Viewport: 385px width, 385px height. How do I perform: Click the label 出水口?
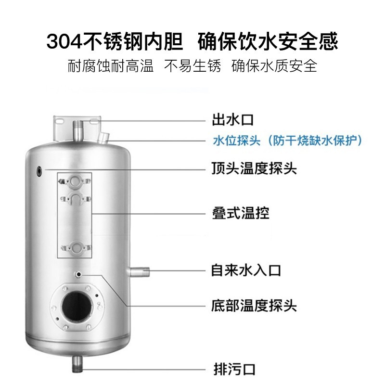pyautogui.click(x=232, y=120)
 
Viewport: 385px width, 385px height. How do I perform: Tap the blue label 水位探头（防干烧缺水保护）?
pyautogui.click(x=287, y=141)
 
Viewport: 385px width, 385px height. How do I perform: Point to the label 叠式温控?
pyautogui.click(x=241, y=213)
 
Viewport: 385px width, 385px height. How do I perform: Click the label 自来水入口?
pyautogui.click(x=246, y=270)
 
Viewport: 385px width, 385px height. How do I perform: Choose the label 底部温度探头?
pyautogui.click(x=254, y=306)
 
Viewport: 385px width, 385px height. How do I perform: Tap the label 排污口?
pyautogui.click(x=234, y=369)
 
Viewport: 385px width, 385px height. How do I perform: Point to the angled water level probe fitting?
pyautogui.click(x=103, y=138)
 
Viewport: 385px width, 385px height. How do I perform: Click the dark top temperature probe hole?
pyautogui.click(x=39, y=171)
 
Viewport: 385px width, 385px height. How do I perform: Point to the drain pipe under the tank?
pyautogui.click(x=77, y=364)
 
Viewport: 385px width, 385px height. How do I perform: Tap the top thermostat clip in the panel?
pyautogui.click(x=75, y=181)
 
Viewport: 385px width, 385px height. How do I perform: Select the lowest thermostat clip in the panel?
pyautogui.click(x=77, y=248)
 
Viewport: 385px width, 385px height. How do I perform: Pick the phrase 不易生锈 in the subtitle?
pyautogui.click(x=192, y=65)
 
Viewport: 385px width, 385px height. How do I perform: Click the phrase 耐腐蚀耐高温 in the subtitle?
pyautogui.click(x=111, y=65)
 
